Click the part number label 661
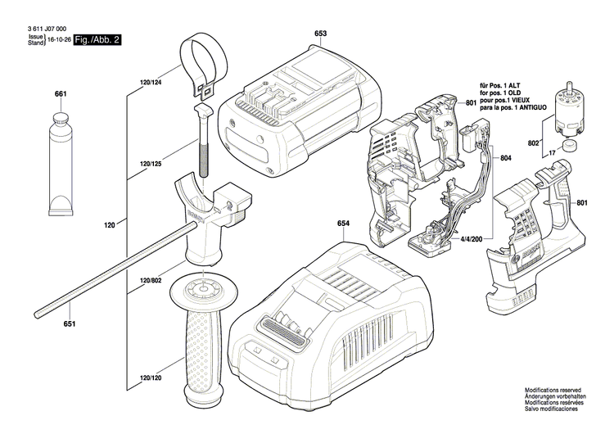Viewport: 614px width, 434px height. tap(61, 95)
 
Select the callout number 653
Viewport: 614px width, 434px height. tap(320, 34)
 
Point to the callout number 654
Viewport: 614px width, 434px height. tap(344, 222)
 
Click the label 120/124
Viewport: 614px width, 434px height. tap(151, 84)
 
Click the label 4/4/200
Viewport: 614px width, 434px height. tap(474, 238)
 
